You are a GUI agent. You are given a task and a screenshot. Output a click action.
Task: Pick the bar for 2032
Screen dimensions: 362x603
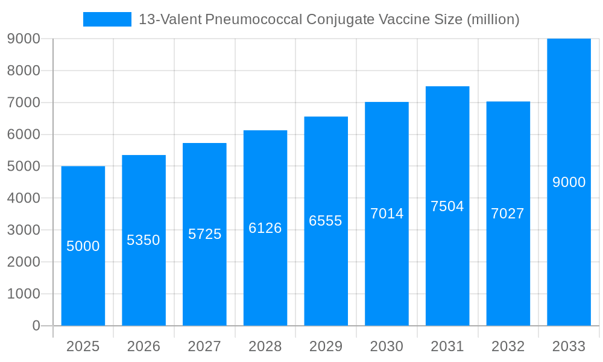point(508,271)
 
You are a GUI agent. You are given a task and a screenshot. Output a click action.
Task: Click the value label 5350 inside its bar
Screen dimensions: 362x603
point(144,240)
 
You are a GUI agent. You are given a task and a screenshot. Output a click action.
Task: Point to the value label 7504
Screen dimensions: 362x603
point(447,206)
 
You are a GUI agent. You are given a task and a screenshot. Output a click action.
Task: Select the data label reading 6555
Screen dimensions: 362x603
point(326,221)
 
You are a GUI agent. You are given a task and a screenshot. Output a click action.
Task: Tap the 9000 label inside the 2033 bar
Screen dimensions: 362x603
point(569,182)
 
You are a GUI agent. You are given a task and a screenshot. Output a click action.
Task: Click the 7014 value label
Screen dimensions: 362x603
point(387,214)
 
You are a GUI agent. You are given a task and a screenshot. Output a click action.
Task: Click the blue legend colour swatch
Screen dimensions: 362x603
point(107,19)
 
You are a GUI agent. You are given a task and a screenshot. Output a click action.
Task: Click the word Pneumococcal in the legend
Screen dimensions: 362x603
point(253,19)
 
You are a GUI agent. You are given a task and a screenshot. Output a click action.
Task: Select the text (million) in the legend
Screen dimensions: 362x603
point(493,19)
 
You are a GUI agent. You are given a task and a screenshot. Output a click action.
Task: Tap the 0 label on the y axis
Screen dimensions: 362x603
point(36,326)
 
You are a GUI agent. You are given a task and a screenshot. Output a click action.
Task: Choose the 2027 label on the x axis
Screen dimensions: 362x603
point(204,346)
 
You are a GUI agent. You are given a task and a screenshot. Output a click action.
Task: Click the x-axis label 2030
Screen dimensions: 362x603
point(387,346)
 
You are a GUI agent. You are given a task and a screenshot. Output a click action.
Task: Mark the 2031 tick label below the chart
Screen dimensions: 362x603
point(447,346)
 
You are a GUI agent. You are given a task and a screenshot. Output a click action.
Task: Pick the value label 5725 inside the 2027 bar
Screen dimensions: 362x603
point(204,234)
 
